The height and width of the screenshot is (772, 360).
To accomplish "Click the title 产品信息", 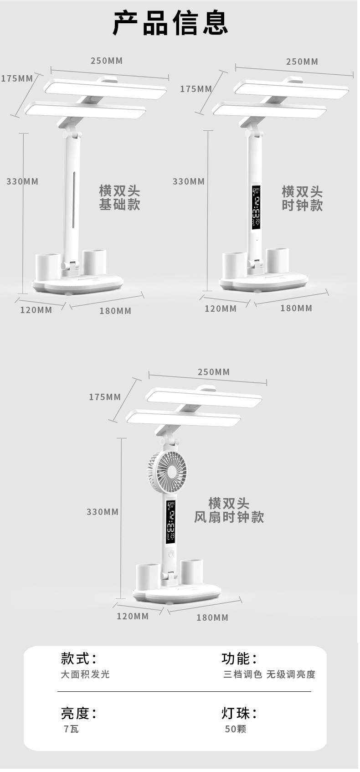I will pyautogui.click(x=170, y=24).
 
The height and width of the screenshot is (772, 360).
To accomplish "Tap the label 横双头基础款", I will pyautogui.click(x=119, y=197).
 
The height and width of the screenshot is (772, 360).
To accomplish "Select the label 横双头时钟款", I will pyautogui.click(x=302, y=198).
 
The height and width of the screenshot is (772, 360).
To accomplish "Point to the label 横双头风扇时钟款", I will pyautogui.click(x=229, y=510).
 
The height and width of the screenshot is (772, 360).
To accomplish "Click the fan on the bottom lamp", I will pyautogui.click(x=167, y=472).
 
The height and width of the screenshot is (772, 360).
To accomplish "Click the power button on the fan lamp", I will pyautogui.click(x=171, y=554).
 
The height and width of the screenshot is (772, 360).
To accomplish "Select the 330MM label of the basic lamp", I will pyautogui.click(x=22, y=181).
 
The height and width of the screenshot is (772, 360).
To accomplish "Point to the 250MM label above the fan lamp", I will pyautogui.click(x=214, y=372).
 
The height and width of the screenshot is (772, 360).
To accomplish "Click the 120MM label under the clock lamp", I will pyautogui.click(x=221, y=309).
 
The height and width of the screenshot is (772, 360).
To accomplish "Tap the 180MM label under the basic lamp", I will pyautogui.click(x=115, y=311).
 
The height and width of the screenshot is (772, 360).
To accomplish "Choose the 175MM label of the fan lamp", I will pyautogui.click(x=105, y=397).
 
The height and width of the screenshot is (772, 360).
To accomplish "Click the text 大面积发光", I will pyautogui.click(x=85, y=674).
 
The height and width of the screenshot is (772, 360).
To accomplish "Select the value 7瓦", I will pyautogui.click(x=71, y=729).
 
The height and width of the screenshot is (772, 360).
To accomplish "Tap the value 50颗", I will pyautogui.click(x=235, y=729).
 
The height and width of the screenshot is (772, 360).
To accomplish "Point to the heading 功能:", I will pyautogui.click(x=239, y=659).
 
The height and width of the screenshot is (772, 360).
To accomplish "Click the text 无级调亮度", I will pyautogui.click(x=291, y=674).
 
